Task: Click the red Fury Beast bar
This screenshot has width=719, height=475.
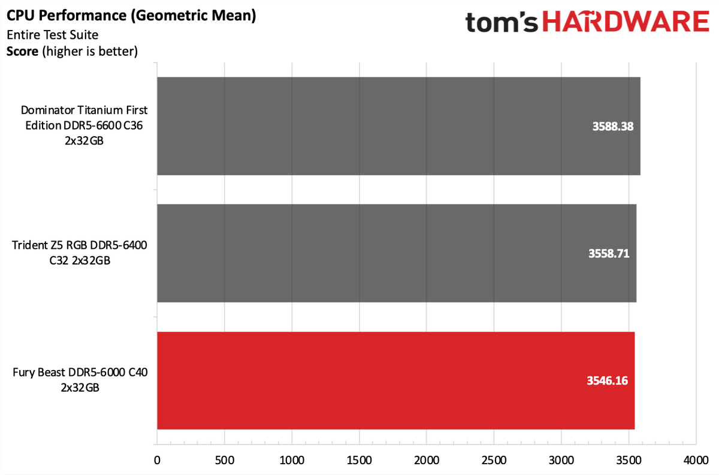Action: click(396, 380)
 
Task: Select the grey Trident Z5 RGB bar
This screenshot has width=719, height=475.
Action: click(397, 253)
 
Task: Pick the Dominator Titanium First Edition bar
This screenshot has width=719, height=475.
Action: click(398, 126)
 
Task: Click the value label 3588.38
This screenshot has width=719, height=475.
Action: click(613, 127)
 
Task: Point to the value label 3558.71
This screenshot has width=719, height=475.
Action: click(609, 254)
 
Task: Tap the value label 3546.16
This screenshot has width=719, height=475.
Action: click(607, 381)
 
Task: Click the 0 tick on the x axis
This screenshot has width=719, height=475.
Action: click(157, 460)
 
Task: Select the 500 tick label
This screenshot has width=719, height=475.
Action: click(224, 460)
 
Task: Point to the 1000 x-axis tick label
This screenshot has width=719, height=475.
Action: click(292, 460)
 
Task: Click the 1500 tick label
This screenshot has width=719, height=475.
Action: click(359, 460)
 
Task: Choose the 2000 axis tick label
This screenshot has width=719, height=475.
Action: click(427, 460)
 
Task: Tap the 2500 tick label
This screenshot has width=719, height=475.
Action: click(494, 460)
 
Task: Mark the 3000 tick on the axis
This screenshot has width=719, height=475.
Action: click(561, 460)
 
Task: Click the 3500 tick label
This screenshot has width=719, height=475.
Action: click(629, 460)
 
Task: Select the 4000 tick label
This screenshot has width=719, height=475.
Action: click(696, 460)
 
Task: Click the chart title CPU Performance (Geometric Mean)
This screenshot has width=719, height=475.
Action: click(131, 16)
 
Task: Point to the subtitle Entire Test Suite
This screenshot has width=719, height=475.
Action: click(52, 35)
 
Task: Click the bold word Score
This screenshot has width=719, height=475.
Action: click(22, 52)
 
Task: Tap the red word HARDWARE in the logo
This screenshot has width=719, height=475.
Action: click(626, 22)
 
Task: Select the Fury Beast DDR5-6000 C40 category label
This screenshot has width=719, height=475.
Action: click(80, 380)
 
